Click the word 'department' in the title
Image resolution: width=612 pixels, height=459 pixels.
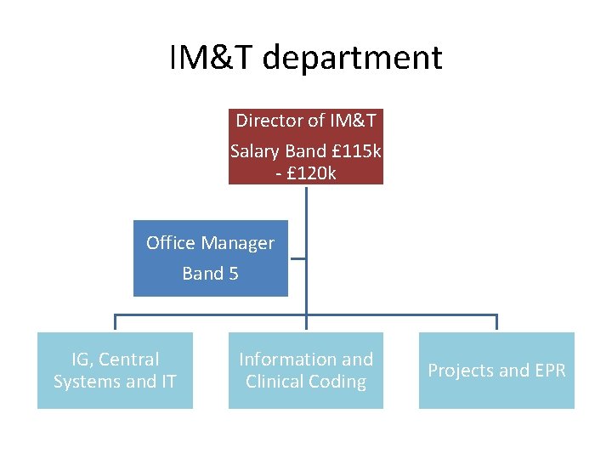353,58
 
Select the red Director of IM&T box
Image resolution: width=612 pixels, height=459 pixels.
306,146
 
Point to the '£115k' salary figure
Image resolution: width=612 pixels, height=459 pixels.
356,151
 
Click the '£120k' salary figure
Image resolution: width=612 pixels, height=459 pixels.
311,173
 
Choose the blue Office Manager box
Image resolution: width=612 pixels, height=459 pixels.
210,258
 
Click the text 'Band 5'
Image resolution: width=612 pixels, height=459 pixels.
210,274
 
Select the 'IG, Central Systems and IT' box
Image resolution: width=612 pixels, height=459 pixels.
115,371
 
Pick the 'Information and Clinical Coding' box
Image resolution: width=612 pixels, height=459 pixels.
306,371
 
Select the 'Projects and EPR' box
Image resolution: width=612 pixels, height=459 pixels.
496,371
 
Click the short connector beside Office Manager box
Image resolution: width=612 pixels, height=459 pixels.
297,258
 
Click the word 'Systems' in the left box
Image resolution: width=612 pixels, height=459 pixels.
86,382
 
